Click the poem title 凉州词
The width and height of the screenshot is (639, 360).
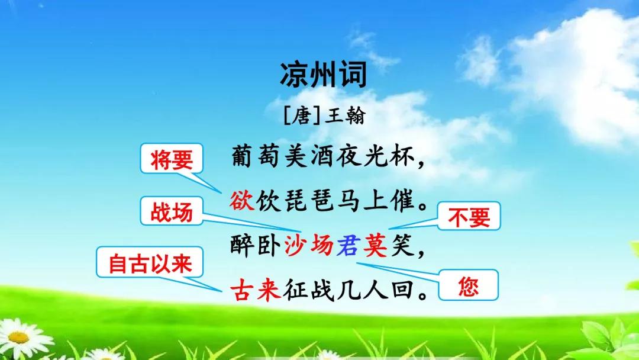(x=324, y=75)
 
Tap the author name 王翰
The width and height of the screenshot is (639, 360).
(x=345, y=115)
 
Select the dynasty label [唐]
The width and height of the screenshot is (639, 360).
(x=302, y=115)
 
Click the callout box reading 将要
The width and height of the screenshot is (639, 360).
(x=172, y=159)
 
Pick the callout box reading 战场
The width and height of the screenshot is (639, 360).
(x=172, y=211)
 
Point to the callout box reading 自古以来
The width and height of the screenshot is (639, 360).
(x=150, y=262)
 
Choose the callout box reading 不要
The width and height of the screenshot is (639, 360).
(x=469, y=216)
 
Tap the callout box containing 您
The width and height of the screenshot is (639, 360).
(x=468, y=285)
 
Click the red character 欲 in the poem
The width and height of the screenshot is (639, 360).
(x=242, y=200)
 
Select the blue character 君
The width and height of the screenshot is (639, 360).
(x=348, y=246)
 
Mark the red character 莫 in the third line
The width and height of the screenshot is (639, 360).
(x=375, y=246)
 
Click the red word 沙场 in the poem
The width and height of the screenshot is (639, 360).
(x=308, y=246)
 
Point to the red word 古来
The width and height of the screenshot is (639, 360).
(x=256, y=290)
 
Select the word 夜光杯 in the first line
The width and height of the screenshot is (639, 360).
(x=375, y=156)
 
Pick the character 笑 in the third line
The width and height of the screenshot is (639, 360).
(x=402, y=246)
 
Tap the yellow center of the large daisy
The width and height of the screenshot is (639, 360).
(x=18, y=337)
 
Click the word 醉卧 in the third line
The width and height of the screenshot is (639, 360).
(x=256, y=246)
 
